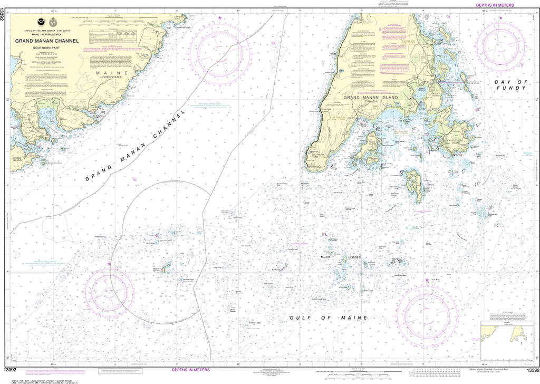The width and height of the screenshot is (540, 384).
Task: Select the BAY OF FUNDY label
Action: pos(510,85)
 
